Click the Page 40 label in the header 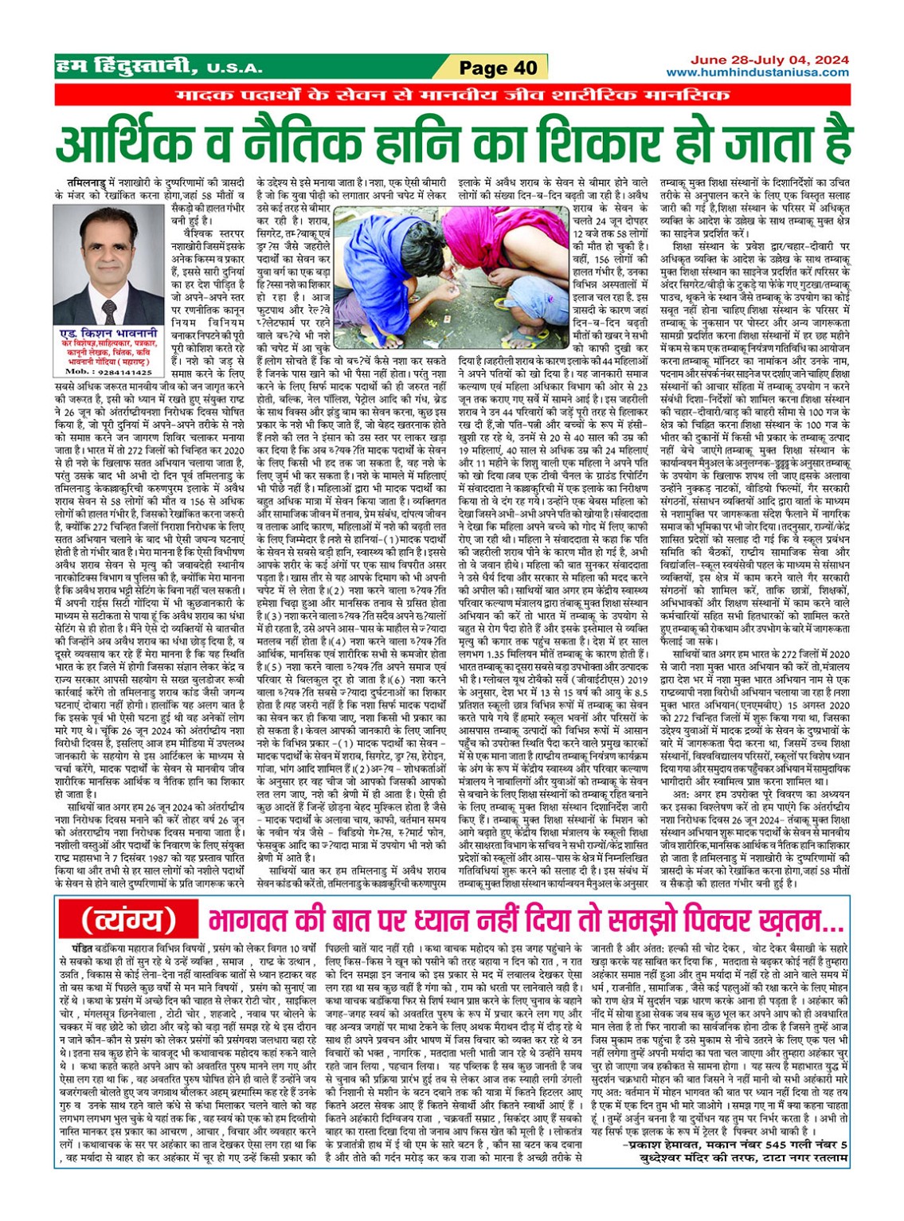(498, 68)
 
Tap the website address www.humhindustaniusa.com (757, 73)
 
